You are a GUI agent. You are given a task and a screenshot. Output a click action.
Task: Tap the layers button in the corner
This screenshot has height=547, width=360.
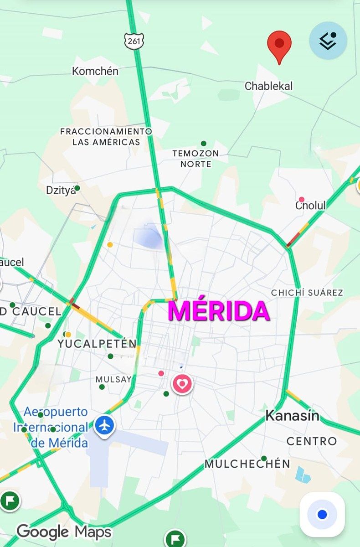coord(328,41)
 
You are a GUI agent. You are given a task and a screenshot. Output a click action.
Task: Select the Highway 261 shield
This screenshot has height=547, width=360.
coord(134,41)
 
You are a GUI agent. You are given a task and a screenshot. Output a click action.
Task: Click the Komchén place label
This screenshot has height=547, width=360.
coord(95,71)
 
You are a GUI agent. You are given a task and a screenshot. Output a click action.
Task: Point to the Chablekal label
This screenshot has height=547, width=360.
coord(268,86)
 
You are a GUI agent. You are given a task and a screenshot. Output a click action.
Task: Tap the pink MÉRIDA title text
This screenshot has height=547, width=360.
coord(219,311)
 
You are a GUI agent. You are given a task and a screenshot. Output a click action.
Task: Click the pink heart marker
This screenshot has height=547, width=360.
coord(182,384)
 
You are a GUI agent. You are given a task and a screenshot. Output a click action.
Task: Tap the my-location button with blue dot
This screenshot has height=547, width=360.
coord(322,514)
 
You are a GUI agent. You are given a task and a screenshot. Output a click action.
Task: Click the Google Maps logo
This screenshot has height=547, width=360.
coord(64,532)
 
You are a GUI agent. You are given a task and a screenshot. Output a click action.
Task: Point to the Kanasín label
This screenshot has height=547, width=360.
coord(292,416)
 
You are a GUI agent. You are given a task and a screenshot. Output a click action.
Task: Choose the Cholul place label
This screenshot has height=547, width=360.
coord(310,206)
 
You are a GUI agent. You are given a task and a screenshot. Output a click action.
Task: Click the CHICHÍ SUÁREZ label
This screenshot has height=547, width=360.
coord(307,293)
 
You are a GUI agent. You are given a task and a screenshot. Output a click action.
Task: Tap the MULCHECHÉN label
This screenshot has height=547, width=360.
coord(247,464)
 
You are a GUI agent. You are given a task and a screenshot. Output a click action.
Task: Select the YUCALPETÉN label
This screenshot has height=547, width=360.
coord(97,344)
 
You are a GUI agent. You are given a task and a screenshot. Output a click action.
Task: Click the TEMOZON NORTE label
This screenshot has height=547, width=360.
coord(195,159)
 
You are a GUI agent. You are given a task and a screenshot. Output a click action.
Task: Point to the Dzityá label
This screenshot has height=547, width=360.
coord(61,190)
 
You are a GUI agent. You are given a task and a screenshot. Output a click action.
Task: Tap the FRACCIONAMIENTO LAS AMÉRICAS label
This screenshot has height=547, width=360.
coord(106,137)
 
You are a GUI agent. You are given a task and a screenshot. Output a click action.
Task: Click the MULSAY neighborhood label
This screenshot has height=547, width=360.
coord(113,379)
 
